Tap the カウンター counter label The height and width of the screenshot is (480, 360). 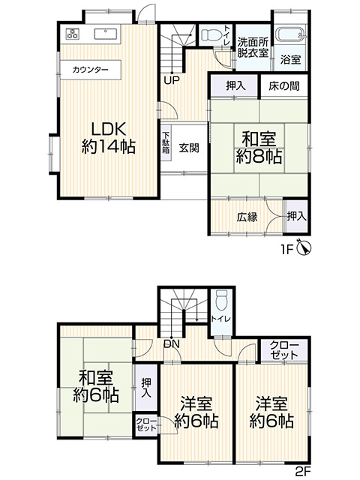coord(91,70)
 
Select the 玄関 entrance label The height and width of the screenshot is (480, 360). coord(188,148)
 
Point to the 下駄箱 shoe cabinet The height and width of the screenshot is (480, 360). coord(166,143)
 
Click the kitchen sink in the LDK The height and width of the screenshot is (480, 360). coord(106,34)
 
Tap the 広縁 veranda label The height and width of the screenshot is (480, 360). coord(247,217)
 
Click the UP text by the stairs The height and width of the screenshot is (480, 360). coord(171,79)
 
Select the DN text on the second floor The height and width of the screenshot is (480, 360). coord(171,343)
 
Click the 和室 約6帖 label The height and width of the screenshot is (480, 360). coord(95,385)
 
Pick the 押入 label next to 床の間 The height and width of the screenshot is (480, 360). coord(236,86)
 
